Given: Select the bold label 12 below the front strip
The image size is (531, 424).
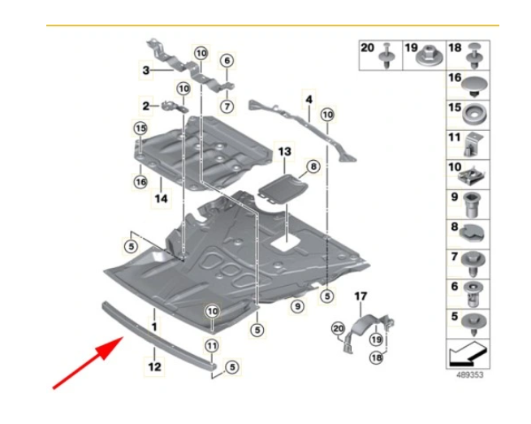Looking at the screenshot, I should [154, 366].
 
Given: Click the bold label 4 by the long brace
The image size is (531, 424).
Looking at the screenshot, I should [309, 101].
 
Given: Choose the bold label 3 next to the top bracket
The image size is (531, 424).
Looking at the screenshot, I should [145, 71].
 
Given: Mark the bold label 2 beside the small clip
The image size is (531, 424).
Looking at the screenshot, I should [145, 106].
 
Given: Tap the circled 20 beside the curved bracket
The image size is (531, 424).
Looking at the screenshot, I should [339, 328].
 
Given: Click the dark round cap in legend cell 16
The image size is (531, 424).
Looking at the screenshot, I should [473, 81].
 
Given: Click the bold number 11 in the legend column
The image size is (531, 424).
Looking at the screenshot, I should [454, 139].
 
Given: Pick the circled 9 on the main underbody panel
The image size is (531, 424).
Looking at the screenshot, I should [297, 305].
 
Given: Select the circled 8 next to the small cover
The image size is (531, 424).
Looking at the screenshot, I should [313, 168].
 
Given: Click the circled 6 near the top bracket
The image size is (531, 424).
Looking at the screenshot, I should [227, 60].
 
